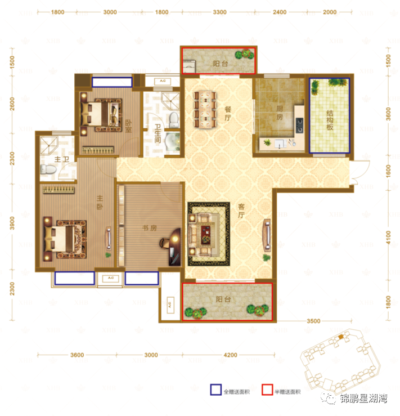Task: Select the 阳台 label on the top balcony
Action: coord(221,64)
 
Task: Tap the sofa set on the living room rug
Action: coord(205,231)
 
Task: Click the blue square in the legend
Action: coord(214,392)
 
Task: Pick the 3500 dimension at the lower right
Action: coord(313,321)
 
